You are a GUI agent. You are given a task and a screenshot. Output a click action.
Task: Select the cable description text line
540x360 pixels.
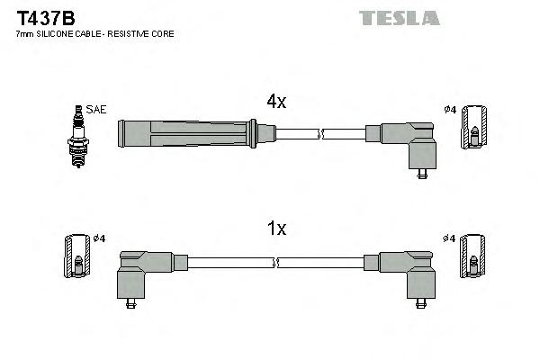click(x=94, y=34)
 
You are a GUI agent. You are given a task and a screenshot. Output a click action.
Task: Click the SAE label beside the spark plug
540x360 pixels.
click(x=96, y=109)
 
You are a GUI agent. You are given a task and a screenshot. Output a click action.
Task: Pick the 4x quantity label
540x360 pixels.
click(x=275, y=103)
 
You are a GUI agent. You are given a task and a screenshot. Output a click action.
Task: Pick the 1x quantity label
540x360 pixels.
click(x=275, y=229)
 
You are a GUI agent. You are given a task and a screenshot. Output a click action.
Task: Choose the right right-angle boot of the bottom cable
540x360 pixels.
click(x=409, y=271)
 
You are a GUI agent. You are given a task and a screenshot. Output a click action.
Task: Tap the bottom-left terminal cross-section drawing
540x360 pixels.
click(x=76, y=258)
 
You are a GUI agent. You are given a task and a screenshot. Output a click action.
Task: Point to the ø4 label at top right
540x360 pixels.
click(x=451, y=110)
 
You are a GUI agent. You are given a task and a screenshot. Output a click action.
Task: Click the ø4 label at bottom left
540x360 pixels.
click(x=99, y=238)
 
